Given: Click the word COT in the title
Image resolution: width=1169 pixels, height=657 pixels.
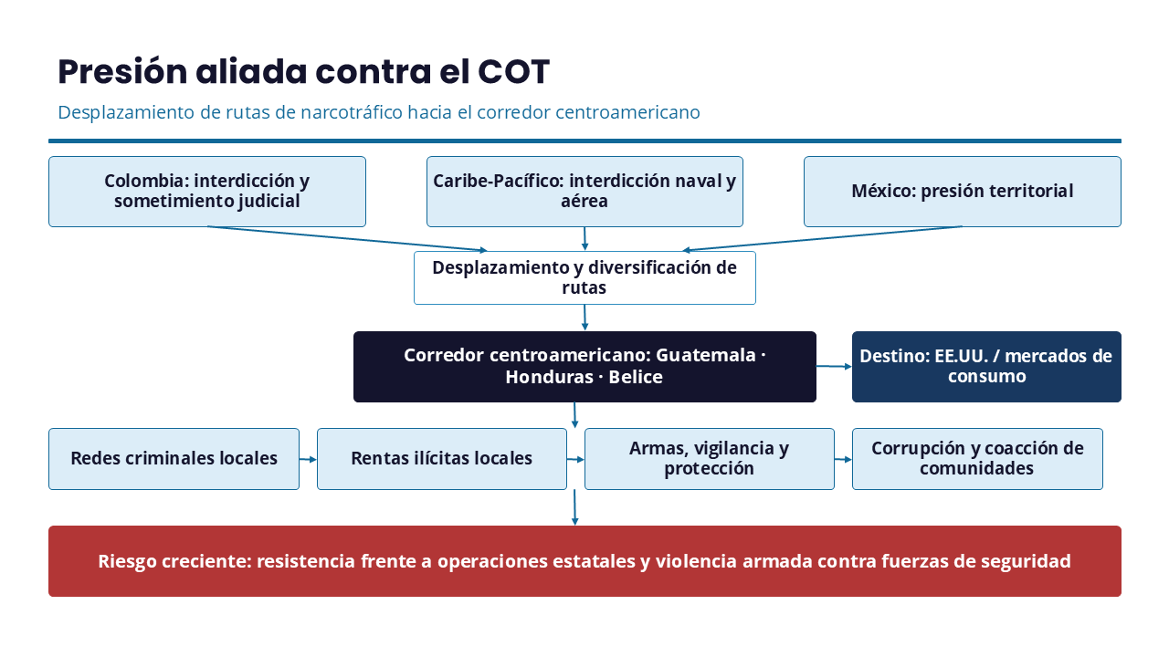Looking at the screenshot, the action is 513,71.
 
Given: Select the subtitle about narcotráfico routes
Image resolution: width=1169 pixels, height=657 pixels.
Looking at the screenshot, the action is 379,112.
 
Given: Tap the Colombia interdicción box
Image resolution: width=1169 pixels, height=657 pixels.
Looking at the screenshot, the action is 207,192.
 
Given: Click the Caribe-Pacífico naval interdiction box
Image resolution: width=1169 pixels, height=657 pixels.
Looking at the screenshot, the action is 584,192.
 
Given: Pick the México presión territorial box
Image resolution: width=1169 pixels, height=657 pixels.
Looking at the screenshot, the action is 963,192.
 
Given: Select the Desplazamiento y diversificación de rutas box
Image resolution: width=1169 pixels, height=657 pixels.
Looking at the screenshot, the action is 584,278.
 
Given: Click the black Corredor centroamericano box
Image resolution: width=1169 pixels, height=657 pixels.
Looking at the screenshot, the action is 584,367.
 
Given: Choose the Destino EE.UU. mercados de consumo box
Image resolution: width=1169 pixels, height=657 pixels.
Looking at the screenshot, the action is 986,367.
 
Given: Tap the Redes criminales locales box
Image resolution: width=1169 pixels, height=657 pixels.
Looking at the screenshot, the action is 174,459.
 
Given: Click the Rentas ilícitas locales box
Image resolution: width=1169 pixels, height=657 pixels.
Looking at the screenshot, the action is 442,459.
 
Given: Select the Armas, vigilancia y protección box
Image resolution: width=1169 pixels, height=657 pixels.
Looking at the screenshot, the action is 710,459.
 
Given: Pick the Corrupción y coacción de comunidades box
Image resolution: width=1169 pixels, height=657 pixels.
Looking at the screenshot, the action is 977,459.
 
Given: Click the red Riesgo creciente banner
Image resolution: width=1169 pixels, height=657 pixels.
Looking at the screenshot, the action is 584,561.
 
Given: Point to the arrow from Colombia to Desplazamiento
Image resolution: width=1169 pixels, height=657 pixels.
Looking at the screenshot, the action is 347,239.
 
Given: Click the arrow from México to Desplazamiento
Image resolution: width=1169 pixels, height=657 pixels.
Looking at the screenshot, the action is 823,239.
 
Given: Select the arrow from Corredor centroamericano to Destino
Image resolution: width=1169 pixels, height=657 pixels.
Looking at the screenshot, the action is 834,367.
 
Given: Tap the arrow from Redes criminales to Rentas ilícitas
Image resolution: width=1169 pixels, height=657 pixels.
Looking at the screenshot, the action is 308,459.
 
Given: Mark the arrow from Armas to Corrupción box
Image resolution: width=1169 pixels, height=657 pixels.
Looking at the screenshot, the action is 843,459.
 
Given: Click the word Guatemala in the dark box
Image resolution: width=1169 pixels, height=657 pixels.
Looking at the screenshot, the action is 706,355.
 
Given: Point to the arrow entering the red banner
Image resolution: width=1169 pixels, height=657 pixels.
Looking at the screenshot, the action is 574,507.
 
